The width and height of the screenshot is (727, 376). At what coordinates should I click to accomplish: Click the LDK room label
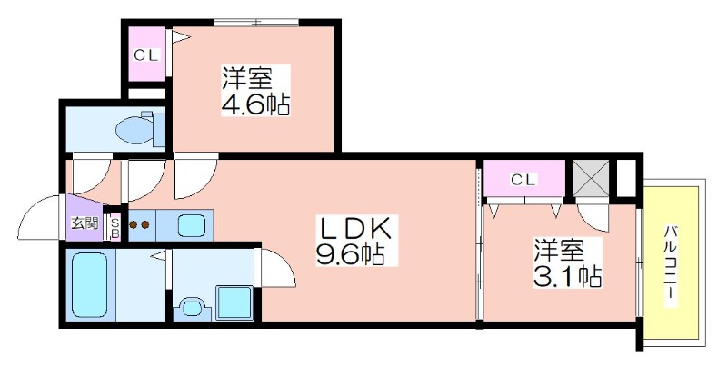pos(356,228)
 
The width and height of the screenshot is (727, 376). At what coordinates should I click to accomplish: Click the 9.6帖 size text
pos(350,253)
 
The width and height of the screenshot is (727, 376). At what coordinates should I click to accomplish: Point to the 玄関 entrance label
pos(85,223)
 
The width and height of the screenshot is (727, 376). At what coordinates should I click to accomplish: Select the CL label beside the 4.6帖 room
pos(146,55)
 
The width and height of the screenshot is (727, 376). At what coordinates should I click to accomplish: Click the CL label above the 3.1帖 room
pos(523,180)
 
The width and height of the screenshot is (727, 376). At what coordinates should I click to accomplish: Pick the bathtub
pos(89,285)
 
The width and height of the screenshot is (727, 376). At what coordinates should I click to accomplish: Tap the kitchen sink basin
pos(191,225)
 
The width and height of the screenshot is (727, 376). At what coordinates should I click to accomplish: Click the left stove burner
pos(133,225)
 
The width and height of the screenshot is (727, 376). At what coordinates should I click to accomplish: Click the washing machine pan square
pos(234,302)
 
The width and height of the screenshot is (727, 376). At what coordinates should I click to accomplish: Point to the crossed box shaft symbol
pos(590,178)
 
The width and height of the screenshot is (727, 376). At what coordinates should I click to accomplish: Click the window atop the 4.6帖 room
pos(256,22)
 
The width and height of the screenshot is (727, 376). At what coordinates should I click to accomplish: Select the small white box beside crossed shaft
pos(627,179)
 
